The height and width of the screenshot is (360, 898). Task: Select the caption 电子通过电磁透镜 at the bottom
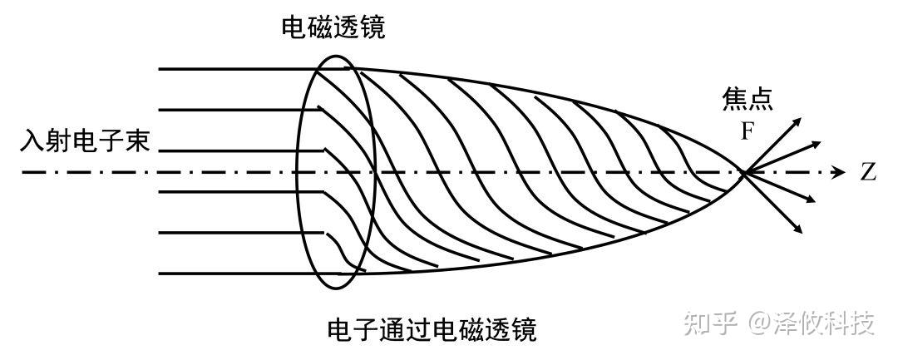click(x=432, y=329)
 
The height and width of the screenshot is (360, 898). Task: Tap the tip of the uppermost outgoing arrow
click(x=799, y=118)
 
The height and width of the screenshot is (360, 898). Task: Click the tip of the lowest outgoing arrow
click(x=800, y=230)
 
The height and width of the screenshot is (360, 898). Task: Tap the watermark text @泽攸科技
click(x=811, y=322)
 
